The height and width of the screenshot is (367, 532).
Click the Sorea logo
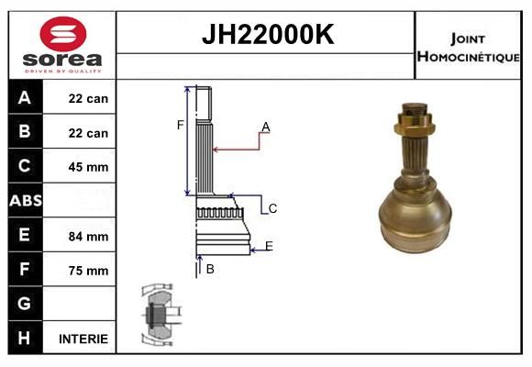[x=61, y=45]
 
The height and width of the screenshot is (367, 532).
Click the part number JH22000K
[x=266, y=35]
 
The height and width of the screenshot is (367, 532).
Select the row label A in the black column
[x=25, y=98]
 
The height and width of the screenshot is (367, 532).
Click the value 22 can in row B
[x=88, y=133]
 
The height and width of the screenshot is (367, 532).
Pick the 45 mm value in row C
[x=88, y=167]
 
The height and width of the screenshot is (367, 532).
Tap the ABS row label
[x=25, y=201]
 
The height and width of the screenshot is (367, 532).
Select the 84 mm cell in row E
[x=88, y=236]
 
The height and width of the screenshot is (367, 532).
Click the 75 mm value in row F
[x=88, y=271]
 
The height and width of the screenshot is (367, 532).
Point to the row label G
[x=25, y=304]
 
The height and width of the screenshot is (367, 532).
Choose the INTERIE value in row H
[x=83, y=339]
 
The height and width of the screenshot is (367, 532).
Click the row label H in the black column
[x=25, y=339]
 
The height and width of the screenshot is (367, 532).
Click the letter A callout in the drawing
[x=265, y=127]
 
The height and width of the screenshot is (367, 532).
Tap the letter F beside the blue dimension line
[x=181, y=125]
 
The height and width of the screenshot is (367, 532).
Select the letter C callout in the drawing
[x=272, y=209]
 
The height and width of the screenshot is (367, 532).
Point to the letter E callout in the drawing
[x=269, y=246]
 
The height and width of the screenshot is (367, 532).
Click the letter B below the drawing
[x=210, y=269]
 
